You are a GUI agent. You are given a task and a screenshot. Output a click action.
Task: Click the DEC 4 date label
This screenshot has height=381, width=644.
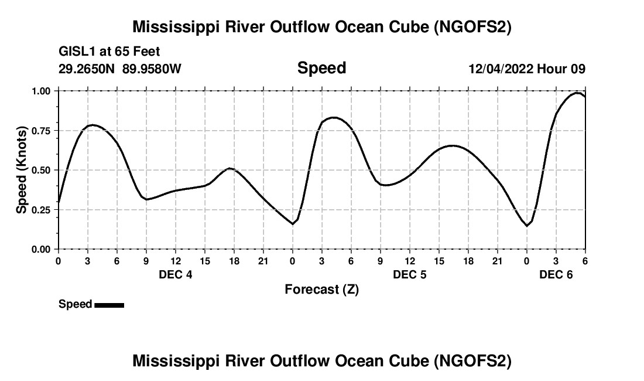(x=175, y=274)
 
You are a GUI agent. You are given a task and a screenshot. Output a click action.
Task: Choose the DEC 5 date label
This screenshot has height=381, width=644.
(x=409, y=274)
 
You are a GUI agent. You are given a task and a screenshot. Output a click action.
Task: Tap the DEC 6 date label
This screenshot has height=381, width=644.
(x=556, y=274)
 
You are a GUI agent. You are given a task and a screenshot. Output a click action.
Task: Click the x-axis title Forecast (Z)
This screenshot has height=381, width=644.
(x=321, y=289)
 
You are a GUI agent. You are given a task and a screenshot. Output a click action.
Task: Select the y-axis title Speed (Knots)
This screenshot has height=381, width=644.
(x=22, y=170)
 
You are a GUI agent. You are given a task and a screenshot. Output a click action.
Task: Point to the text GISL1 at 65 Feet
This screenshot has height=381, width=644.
(x=109, y=52)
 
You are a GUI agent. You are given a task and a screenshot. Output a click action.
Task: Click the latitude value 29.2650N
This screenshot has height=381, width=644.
(x=87, y=69)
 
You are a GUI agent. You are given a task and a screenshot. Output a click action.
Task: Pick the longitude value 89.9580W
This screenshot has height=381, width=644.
(x=152, y=69)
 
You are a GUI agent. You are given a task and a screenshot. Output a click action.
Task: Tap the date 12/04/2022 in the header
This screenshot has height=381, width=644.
(x=501, y=69)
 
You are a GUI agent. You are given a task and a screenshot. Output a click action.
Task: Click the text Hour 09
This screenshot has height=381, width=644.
(x=561, y=69)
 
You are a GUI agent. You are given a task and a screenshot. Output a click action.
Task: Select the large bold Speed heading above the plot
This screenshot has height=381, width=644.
(x=321, y=68)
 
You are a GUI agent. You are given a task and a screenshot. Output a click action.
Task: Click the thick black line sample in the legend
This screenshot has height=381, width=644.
(x=109, y=305)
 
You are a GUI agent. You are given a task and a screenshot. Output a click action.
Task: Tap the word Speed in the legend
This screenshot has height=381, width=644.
(x=75, y=304)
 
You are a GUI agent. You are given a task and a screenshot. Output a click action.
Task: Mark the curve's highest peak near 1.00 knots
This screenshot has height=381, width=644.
(x=577, y=93)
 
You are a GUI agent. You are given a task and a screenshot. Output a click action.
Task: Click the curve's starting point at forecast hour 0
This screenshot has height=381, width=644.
(x=59, y=202)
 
